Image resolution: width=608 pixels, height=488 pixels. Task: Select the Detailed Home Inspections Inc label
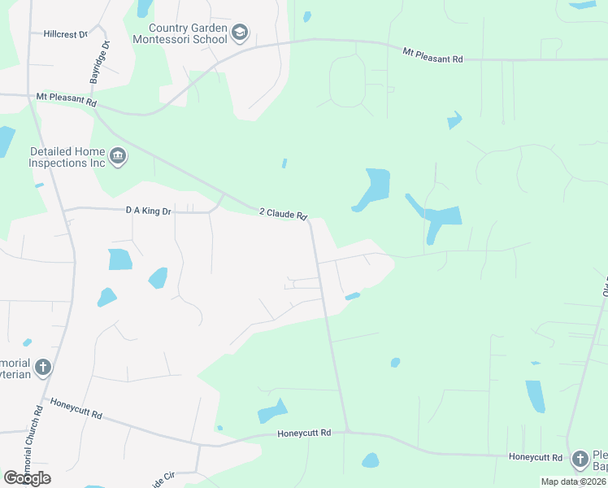coord(67,157)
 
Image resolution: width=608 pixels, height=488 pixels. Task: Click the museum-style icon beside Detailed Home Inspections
coord(118,156)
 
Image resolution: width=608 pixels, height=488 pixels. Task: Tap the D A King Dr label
coord(149,211)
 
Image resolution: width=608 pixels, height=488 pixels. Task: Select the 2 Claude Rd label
coord(283,213)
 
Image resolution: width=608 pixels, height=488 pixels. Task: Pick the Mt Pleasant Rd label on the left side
coord(67,100)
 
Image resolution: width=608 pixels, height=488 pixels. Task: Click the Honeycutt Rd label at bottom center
coord(304,434)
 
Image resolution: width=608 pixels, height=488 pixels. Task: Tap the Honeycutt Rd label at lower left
coord(76,408)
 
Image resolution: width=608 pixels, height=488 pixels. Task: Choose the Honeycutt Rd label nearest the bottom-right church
coord(536,457)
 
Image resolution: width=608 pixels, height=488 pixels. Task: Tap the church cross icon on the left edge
coord(42,368)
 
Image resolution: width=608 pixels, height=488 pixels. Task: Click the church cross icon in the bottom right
coord(580,460)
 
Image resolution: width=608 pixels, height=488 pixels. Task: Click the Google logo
coord(27,478)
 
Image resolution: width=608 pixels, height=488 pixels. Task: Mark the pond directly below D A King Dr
coord(119,259)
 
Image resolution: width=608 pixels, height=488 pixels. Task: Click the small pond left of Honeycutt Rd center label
coord(271,412)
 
